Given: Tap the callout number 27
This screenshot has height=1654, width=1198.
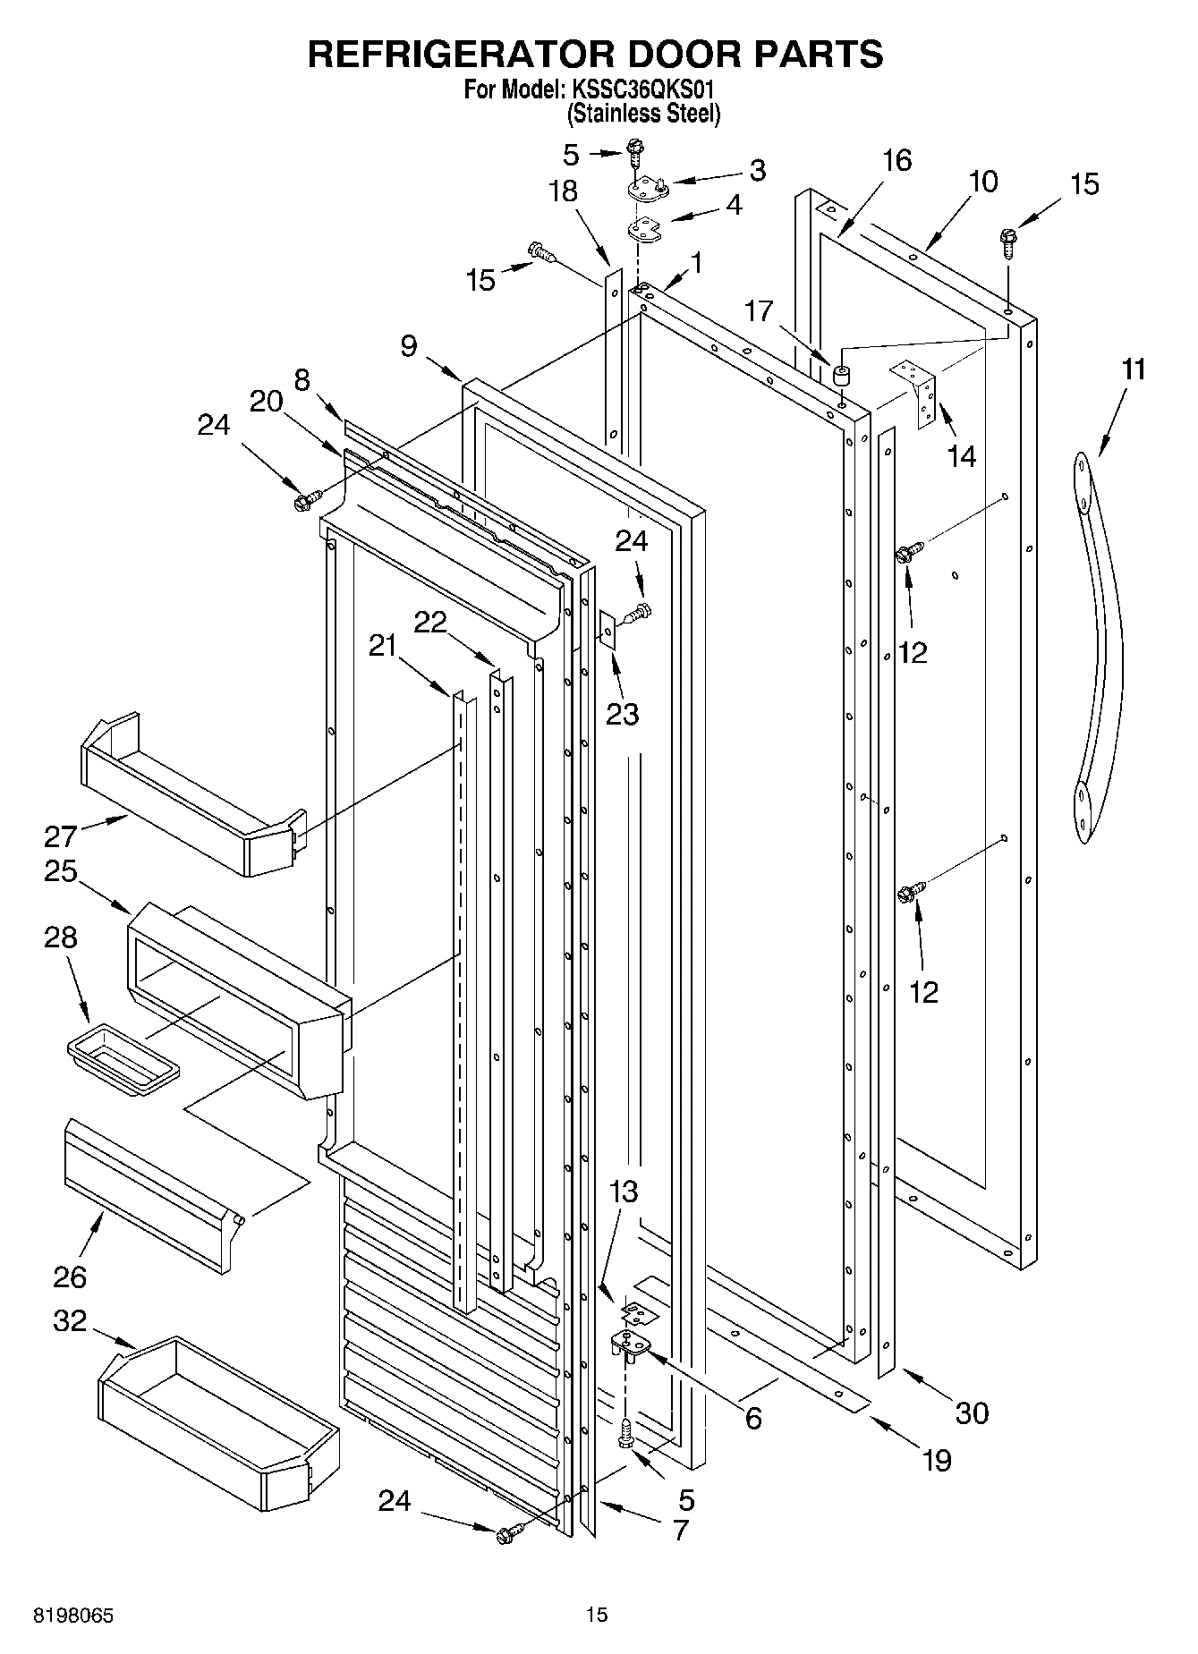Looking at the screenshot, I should pos(61,836).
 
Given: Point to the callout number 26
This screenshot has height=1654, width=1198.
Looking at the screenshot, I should pos(69,1277).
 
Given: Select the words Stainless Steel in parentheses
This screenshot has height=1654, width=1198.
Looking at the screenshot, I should pos(643,114).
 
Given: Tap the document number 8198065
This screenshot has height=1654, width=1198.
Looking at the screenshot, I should pos(73,1615).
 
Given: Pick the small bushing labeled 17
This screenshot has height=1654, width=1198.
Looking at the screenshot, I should pos(840,375).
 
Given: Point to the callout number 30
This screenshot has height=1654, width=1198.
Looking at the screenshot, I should pos(972,1412).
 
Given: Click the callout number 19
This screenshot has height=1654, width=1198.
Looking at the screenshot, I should pos(937,1460).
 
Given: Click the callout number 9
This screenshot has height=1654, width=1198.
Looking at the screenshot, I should pos(408,345).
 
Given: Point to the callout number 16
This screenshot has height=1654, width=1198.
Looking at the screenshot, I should pos(896,160).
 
